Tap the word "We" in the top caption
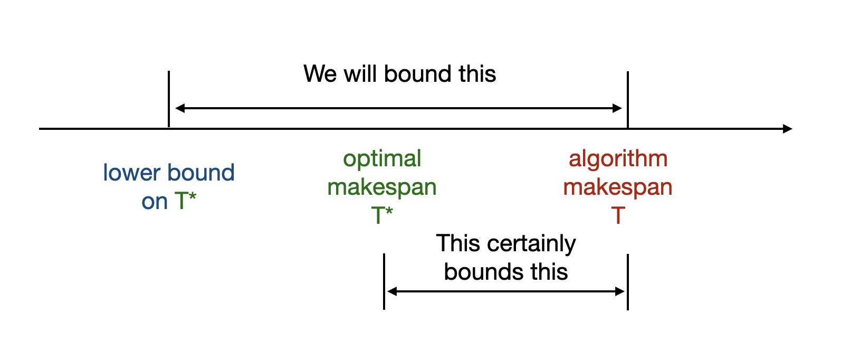320,74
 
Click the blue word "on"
154,202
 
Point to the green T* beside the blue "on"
185,201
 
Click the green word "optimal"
382,159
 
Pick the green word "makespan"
382,187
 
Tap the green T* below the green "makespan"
382,215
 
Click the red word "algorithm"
618,159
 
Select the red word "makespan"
618,187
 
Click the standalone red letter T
618,216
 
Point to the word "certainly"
532,244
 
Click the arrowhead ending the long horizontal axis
787,129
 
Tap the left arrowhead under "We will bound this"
180,108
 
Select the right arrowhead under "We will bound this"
617,108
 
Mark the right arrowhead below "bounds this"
620,291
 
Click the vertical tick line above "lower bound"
168,99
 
